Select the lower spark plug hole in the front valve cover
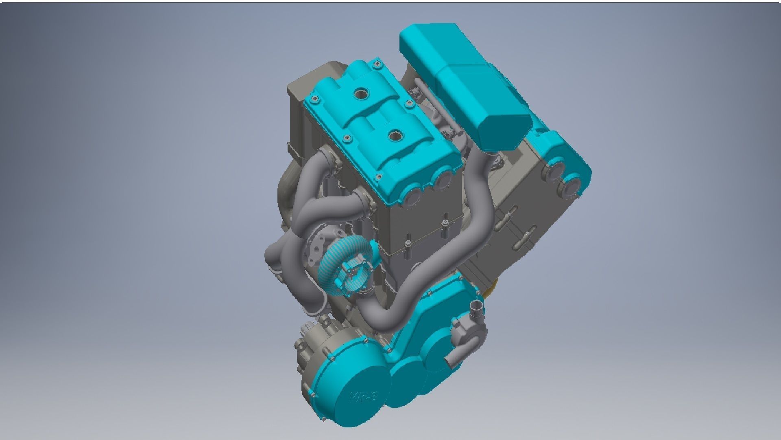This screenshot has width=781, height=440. pyautogui.click(x=395, y=137)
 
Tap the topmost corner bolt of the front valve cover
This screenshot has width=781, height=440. pyautogui.click(x=378, y=64)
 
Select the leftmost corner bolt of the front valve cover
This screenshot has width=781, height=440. pyautogui.click(x=313, y=98)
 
